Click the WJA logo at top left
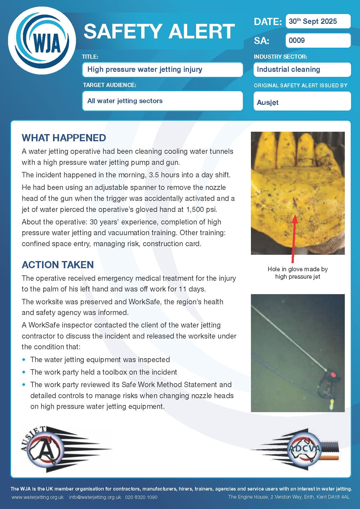click(x=42, y=41)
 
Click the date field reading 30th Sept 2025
click(x=318, y=21)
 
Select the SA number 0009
click(x=318, y=41)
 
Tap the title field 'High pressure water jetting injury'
click(x=162, y=69)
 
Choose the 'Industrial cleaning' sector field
click(x=302, y=69)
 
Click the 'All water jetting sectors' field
click(x=162, y=101)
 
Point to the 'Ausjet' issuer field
click(x=302, y=102)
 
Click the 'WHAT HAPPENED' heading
click(x=64, y=138)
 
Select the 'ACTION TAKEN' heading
click(x=58, y=265)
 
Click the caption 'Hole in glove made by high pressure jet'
click(x=297, y=273)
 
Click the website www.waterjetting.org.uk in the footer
click(x=38, y=497)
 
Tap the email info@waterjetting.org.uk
click(x=95, y=497)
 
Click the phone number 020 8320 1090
click(x=141, y=497)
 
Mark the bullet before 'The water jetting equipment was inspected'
click(x=24, y=360)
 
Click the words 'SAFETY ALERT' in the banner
click(x=159, y=32)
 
